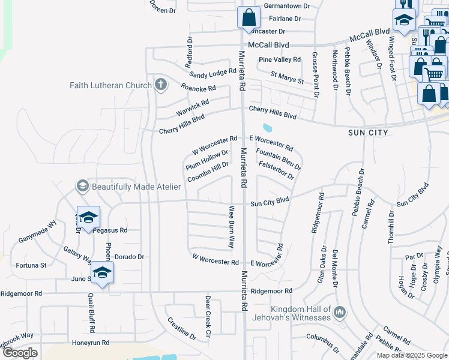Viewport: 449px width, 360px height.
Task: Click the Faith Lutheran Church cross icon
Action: (160, 85)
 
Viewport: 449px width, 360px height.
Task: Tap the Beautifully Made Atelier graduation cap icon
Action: (82, 187)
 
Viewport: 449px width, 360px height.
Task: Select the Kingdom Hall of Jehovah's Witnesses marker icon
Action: (340, 312)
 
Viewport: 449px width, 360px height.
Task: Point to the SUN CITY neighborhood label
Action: (369, 132)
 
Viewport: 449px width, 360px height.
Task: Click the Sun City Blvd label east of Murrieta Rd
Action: (270, 203)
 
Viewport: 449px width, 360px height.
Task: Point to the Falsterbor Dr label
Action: (276, 170)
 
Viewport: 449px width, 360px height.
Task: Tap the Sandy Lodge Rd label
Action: (213, 74)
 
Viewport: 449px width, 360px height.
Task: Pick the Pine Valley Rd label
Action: (279, 59)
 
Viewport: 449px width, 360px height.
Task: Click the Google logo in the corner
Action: (20, 353)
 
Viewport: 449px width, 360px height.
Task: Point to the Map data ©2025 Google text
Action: (412, 355)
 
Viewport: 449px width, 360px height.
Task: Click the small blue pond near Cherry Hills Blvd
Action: (267, 127)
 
